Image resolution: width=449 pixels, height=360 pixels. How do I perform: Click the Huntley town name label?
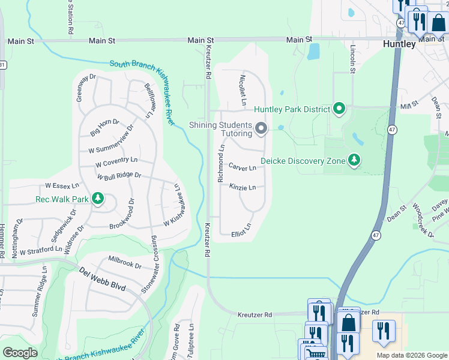pos(399,44)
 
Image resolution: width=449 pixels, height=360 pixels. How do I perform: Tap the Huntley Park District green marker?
pos(339,109)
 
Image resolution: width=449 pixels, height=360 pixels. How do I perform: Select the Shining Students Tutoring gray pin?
pos(261,128)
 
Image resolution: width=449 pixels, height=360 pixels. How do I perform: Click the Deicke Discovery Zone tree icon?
pos(354,161)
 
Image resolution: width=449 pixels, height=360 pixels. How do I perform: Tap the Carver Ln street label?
pos(243,167)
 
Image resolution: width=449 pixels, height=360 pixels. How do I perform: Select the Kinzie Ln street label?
pos(243,187)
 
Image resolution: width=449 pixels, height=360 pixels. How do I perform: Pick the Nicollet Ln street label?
pos(243,90)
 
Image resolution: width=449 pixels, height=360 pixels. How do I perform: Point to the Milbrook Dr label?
pos(125,262)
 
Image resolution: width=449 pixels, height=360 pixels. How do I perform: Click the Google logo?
pos(20,352)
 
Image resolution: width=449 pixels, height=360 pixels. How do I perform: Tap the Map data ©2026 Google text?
pos(412,355)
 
